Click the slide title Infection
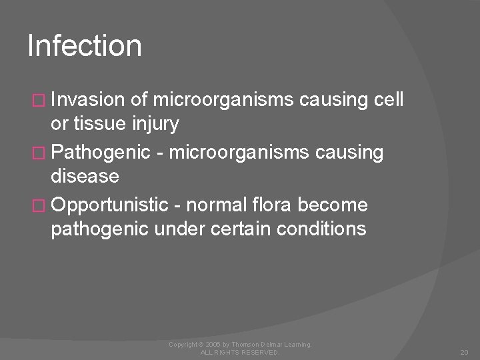(85, 47)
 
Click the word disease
(85, 177)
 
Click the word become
(341, 205)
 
